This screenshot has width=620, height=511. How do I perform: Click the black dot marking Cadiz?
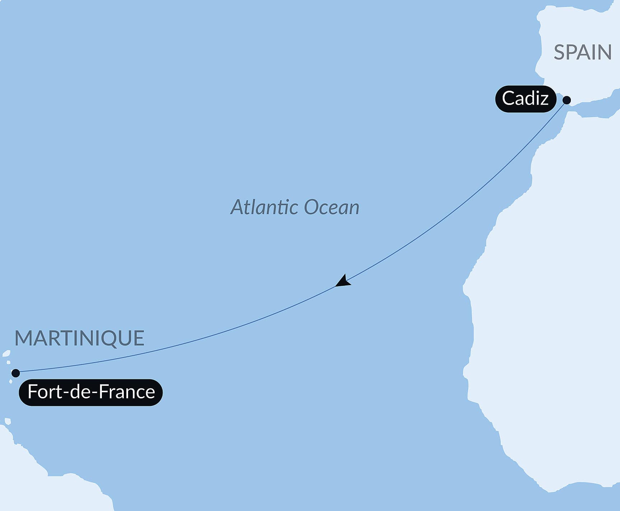tap(567, 100)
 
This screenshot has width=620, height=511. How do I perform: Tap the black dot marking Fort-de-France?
tap(15, 373)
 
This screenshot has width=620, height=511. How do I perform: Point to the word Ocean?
tap(332, 207)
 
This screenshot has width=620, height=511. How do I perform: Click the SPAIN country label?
tap(582, 52)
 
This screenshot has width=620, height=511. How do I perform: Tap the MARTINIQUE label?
tap(79, 338)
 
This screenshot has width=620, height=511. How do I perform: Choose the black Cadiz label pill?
tap(525, 99)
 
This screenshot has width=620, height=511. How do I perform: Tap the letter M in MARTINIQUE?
tap(24, 338)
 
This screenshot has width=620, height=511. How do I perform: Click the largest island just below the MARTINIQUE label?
tap(6, 353)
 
